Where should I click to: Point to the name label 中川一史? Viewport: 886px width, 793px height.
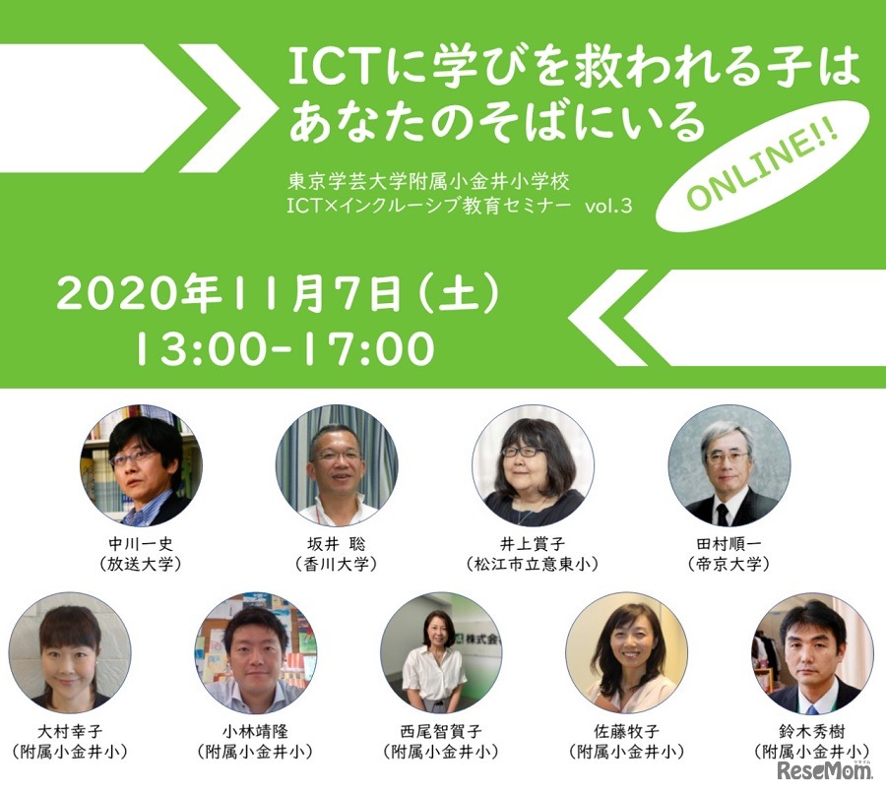click(x=141, y=544)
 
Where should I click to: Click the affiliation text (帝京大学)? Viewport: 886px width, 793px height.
click(x=729, y=564)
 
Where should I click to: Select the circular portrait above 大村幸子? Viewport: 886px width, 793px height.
click(x=70, y=652)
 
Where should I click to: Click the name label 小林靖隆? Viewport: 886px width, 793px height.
click(x=255, y=732)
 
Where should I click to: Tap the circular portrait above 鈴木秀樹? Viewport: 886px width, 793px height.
click(x=812, y=652)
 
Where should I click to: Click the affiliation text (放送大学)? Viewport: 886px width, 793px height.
click(x=141, y=564)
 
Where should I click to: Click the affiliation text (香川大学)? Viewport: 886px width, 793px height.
click(x=337, y=564)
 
